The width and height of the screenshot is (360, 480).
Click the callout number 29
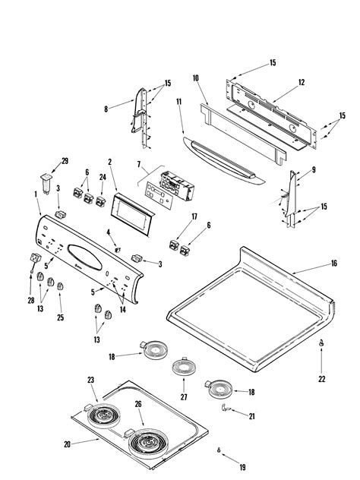(x=64, y=161)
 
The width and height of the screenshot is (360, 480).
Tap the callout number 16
(x=333, y=264)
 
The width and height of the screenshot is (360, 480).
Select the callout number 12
(x=301, y=82)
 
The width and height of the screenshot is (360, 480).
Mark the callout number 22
(x=321, y=378)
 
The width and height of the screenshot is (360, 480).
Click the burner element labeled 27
(x=182, y=368)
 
